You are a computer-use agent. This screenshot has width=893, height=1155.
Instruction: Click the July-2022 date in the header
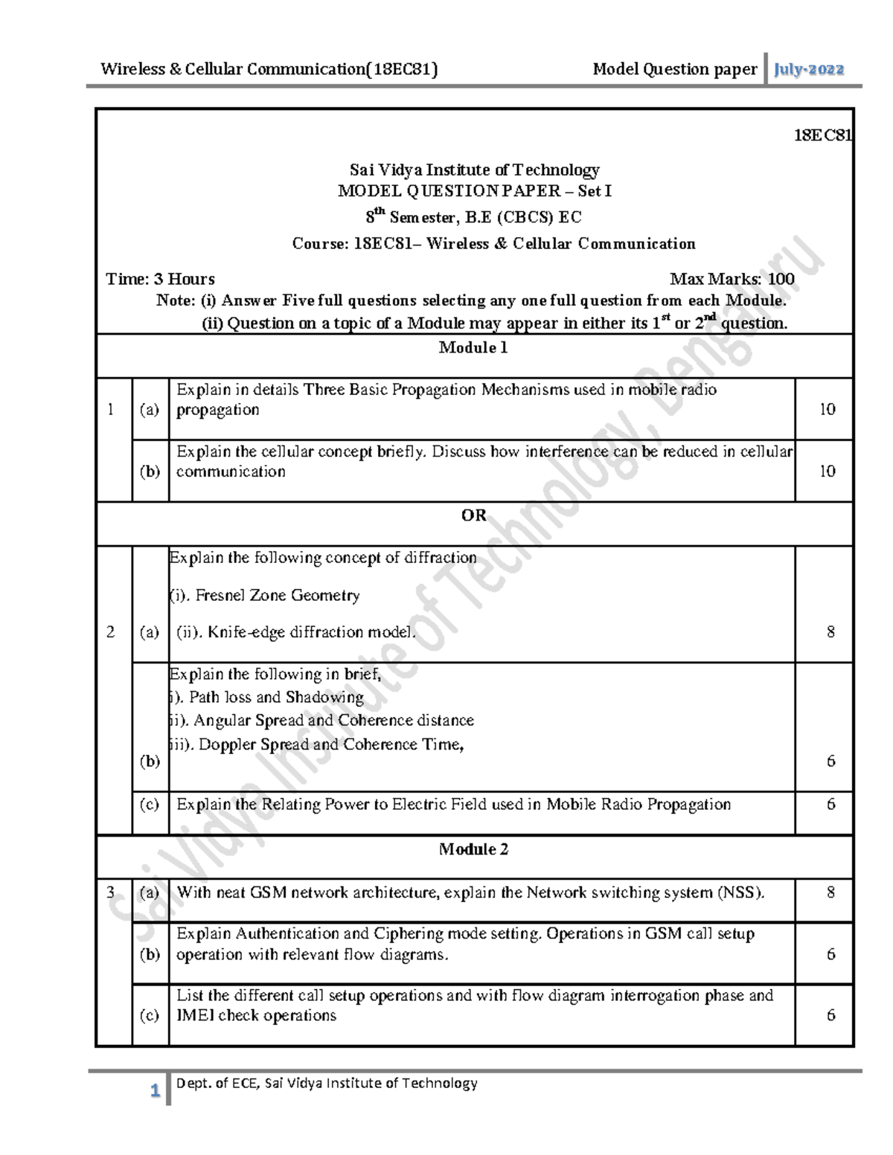click(x=809, y=70)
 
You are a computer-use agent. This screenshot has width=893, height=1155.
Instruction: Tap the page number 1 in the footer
click(x=155, y=1092)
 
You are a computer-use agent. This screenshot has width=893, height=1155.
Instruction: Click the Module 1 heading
click(x=473, y=348)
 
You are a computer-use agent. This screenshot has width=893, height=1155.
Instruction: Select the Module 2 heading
click(x=473, y=849)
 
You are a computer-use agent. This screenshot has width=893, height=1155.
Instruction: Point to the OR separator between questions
click(x=473, y=515)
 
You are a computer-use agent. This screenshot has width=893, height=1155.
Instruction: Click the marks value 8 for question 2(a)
click(x=830, y=632)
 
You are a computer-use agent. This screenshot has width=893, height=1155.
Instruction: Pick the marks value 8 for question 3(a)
click(x=830, y=892)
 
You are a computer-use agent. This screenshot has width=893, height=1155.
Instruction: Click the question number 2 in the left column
click(x=111, y=632)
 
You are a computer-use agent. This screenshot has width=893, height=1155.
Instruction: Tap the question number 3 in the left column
click(x=111, y=892)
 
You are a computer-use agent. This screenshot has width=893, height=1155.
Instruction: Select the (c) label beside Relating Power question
click(x=150, y=805)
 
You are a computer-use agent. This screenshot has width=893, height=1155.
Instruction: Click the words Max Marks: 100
click(x=732, y=280)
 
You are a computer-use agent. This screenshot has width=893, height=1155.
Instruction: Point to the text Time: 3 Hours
click(x=160, y=280)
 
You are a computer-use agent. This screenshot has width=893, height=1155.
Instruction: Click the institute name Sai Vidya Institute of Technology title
click(x=474, y=170)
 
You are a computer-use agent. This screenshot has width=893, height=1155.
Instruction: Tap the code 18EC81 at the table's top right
click(x=822, y=135)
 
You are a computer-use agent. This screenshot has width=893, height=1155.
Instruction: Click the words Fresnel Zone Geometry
click(x=277, y=596)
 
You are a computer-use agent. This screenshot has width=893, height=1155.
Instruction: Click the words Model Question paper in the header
click(x=674, y=70)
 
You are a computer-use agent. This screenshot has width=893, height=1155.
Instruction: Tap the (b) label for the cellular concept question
click(x=150, y=472)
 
